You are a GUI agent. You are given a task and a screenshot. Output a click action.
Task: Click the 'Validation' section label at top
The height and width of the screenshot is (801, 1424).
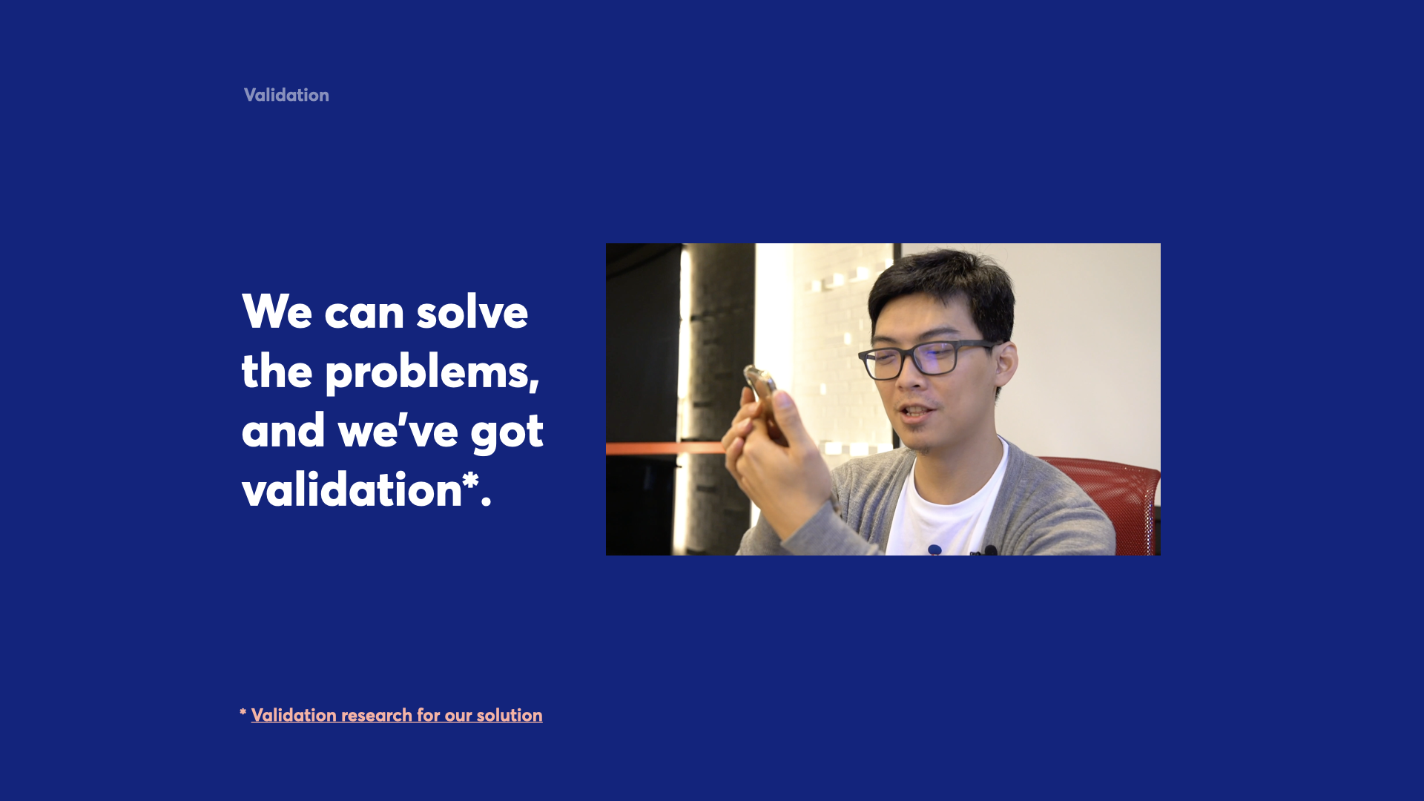click(x=286, y=95)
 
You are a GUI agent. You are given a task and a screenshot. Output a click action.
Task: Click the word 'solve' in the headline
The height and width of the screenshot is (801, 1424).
click(x=472, y=311)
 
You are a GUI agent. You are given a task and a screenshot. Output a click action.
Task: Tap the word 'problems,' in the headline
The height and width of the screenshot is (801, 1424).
click(x=432, y=372)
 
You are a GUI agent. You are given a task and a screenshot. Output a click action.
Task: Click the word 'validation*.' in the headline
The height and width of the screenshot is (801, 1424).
click(x=366, y=489)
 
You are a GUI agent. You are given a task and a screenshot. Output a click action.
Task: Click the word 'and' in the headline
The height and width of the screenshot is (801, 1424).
click(x=283, y=430)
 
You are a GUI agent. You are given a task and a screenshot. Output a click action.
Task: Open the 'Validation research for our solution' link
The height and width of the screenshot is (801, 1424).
click(x=397, y=715)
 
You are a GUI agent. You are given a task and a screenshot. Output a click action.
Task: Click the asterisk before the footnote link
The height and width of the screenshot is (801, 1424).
click(x=243, y=713)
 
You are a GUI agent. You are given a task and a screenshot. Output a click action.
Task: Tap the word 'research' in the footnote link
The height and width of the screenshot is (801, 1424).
click(x=377, y=715)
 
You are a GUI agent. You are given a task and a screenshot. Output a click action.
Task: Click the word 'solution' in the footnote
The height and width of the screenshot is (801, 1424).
click(x=510, y=715)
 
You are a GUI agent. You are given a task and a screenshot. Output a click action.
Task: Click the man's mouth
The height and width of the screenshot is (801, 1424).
click(x=917, y=411)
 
